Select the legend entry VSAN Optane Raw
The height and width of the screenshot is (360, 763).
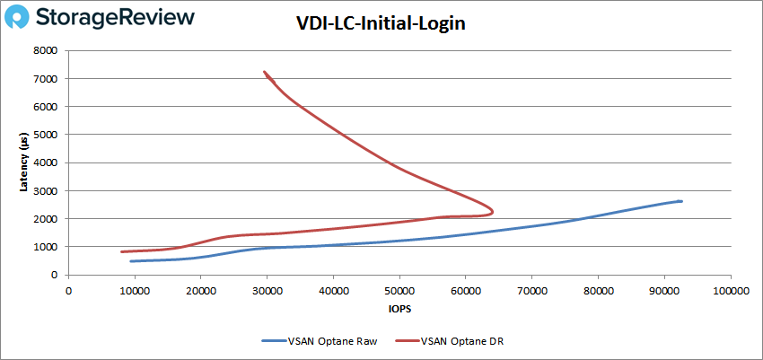306,340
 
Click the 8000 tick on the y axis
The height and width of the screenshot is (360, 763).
48,51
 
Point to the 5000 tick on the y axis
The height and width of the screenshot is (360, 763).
48,135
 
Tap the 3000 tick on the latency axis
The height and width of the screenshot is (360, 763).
48,191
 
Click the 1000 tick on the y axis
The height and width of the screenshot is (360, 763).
48,247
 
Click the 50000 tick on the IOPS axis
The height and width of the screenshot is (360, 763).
399,290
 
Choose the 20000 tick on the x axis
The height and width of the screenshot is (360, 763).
201,290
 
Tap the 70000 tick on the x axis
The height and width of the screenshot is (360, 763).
531,290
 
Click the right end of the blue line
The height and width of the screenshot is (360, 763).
681,201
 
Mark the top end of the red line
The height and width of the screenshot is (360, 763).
264,72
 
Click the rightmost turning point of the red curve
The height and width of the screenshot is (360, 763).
493,211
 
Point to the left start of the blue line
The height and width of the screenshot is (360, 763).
131,261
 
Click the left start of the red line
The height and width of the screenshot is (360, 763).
122,251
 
